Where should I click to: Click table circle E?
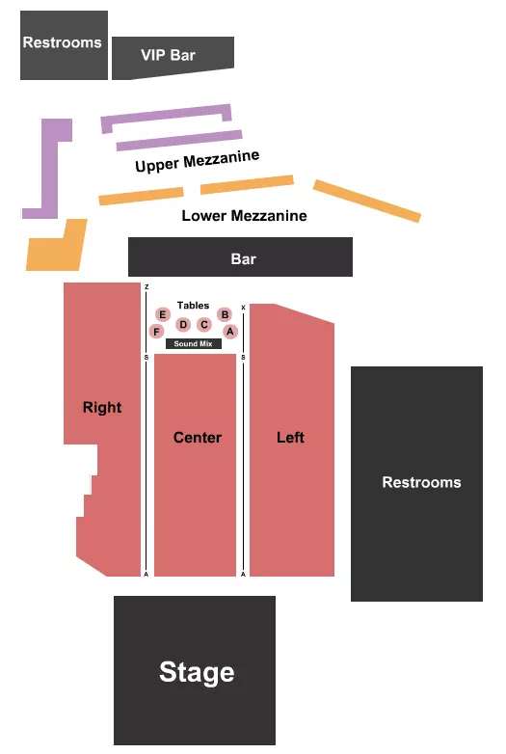[163, 314]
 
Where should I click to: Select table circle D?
[183, 324]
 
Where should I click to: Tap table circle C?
[204, 324]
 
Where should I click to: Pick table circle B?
[225, 314]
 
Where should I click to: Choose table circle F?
[156, 331]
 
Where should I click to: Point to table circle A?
[230, 331]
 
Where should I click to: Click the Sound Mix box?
[193, 343]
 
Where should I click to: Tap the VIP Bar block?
[172, 56]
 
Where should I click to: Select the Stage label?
[197, 672]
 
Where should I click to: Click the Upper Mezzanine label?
[197, 161]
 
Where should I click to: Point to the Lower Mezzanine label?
[244, 216]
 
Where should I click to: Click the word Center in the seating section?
[198, 438]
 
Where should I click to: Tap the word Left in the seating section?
[290, 438]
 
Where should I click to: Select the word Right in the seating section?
[102, 407]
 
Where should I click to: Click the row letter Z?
[146, 287]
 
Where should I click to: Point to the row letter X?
[243, 308]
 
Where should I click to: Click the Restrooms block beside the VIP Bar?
[63, 43]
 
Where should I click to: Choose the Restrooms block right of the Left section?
[421, 482]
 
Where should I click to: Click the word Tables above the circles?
[193, 306]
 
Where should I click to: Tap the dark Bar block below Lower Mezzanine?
[242, 258]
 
